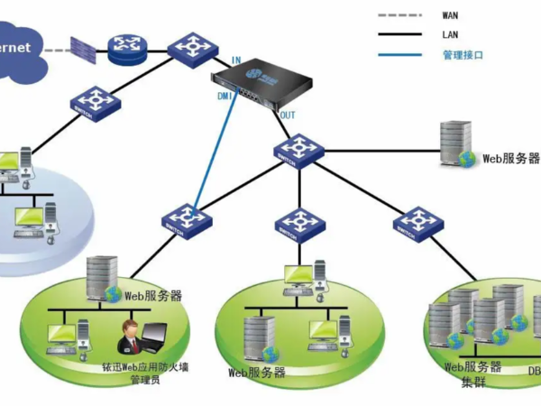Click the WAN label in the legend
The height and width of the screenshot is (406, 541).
click(450, 15)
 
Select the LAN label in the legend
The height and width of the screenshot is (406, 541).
click(450, 35)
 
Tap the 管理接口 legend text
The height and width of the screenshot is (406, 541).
click(463, 55)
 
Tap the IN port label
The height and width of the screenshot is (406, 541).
click(235, 60)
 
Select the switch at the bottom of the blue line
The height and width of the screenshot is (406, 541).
click(188, 219)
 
